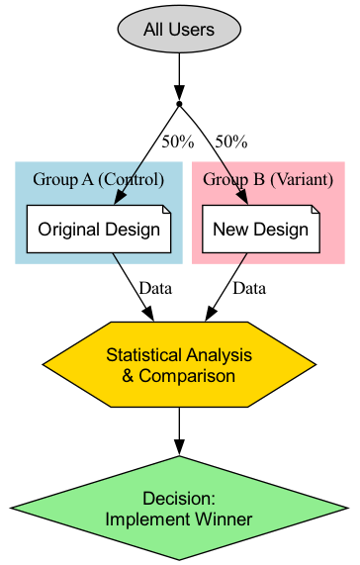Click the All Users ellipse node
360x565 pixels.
[178, 30]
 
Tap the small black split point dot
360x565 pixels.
[178, 103]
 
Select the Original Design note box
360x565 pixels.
[99, 230]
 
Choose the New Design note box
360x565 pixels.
[261, 230]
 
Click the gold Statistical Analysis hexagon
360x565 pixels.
[179, 364]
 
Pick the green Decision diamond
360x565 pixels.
[179, 507]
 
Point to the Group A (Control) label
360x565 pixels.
[98, 179]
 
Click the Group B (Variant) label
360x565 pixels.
[267, 179]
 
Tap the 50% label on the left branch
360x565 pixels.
[178, 141]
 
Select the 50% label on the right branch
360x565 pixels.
[230, 141]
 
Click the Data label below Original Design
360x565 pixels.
[156, 288]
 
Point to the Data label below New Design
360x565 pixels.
[248, 288]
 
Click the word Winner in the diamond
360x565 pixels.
[225, 518]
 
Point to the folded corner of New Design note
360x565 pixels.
[315, 210]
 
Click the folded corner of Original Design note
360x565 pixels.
[166, 210]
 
